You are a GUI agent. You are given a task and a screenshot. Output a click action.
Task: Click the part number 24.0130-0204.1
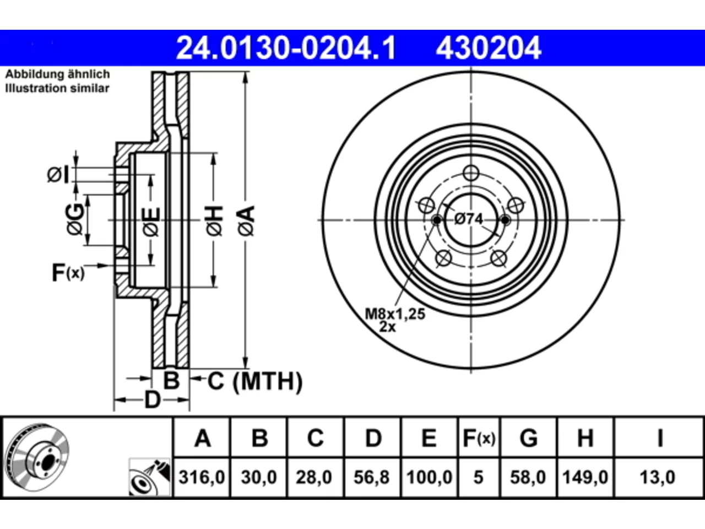click(x=286, y=48)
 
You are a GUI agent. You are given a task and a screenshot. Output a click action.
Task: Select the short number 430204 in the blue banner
click(x=489, y=48)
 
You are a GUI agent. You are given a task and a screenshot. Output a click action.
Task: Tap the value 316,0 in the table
click(x=202, y=477)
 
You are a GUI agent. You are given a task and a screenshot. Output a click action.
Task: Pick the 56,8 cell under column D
click(x=372, y=477)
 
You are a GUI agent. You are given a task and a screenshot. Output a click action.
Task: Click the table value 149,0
click(x=585, y=477)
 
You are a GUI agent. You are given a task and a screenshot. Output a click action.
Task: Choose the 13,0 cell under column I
click(x=658, y=477)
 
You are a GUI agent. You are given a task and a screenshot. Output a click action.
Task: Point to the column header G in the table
click(x=528, y=438)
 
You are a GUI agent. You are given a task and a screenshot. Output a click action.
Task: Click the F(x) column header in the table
click(x=479, y=438)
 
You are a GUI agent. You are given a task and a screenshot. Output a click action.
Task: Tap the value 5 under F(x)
click(x=479, y=477)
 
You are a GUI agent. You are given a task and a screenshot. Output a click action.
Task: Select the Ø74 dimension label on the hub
click(x=469, y=219)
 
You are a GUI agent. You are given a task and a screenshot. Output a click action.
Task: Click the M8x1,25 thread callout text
click(x=395, y=314)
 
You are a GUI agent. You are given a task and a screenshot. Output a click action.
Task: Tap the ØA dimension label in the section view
click(x=246, y=221)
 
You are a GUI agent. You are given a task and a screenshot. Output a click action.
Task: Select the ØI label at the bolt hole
click(x=58, y=175)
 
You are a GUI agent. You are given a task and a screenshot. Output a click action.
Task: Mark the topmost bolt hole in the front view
click(x=471, y=173)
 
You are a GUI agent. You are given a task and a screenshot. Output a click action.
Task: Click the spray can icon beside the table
click(x=149, y=477)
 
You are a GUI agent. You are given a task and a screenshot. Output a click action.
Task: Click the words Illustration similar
click(x=57, y=88)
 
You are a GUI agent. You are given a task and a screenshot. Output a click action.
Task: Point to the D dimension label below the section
click(x=152, y=400)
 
